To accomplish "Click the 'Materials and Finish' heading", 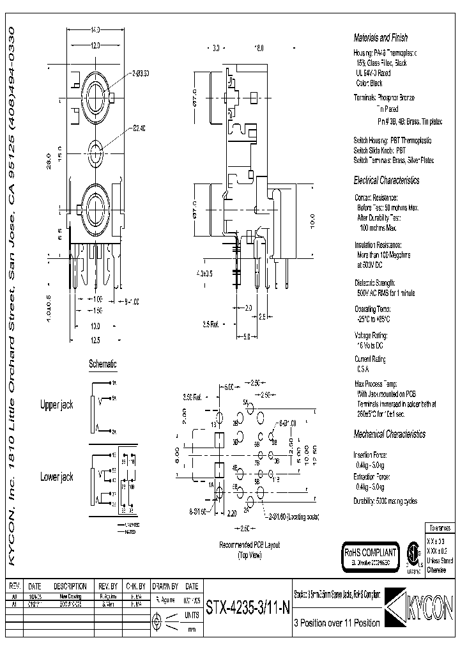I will point(380,38).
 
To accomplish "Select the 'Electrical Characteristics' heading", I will point(387,180).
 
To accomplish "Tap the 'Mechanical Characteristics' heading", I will point(389,434).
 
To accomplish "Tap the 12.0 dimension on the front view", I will point(95,46).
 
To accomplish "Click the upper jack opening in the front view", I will point(95,99).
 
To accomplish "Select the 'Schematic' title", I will point(102,364).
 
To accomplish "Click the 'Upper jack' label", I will point(57,405).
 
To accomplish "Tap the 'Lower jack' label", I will point(57,477).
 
